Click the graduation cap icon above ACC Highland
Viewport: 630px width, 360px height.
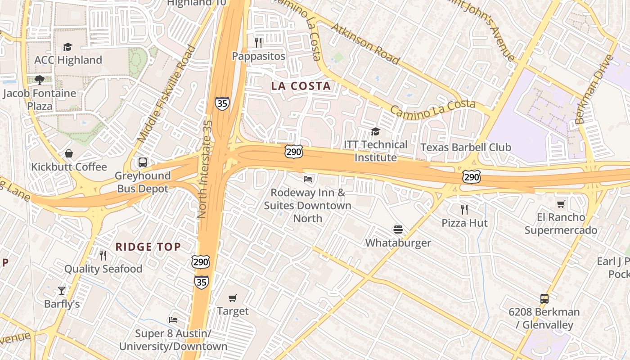67,47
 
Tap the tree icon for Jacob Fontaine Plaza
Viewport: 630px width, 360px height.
40,80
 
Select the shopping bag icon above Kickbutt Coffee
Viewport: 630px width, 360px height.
69,154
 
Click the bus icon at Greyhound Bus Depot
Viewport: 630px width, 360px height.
143,162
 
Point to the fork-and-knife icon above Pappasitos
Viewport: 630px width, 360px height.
258,43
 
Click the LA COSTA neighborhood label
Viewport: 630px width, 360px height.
301,86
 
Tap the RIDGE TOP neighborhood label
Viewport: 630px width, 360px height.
148,247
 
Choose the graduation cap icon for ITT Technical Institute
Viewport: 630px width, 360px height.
375,131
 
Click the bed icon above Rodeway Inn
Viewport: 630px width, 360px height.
308,179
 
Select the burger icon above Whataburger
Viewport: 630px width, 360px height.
398,229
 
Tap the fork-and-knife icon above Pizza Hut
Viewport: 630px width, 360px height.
464,209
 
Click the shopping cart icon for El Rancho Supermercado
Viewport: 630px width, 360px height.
561,204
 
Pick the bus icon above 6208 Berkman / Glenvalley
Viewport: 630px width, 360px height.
544,298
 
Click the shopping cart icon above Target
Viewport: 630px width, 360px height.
233,298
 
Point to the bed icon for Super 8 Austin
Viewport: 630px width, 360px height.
173,320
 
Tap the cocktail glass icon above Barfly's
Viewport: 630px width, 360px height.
62,291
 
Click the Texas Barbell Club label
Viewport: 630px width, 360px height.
465,147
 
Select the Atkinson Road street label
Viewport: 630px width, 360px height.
365,44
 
